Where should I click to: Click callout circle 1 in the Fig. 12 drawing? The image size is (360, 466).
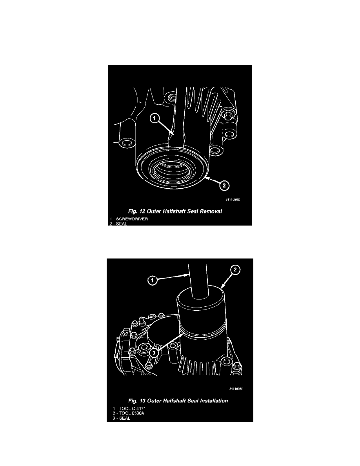click(x=154, y=118)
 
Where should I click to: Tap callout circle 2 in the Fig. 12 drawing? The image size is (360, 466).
click(x=224, y=186)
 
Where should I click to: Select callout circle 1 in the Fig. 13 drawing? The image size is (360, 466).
click(x=153, y=280)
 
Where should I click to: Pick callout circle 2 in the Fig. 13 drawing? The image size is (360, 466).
click(x=235, y=270)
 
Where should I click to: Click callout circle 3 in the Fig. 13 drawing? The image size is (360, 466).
click(x=154, y=353)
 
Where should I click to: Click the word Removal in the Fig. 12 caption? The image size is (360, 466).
click(x=211, y=211)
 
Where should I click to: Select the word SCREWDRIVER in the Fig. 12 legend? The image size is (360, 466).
click(x=132, y=219)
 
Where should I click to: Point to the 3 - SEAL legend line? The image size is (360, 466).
click(x=122, y=418)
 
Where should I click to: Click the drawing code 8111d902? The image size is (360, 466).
click(x=233, y=199)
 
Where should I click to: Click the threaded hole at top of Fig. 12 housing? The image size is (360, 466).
click(x=171, y=96)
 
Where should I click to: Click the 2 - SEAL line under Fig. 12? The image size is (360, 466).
click(x=118, y=224)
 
